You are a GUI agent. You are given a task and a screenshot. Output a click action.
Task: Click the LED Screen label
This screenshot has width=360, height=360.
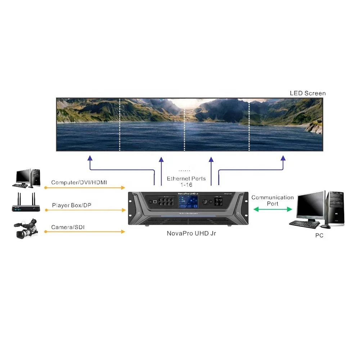307,93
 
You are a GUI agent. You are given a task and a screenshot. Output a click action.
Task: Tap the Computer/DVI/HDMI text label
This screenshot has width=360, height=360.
79,183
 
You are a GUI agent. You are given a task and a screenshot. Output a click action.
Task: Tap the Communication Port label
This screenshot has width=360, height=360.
273,200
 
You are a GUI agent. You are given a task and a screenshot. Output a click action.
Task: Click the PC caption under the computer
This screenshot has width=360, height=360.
319,235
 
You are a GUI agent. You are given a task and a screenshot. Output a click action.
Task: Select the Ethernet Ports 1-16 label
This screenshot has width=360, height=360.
186,181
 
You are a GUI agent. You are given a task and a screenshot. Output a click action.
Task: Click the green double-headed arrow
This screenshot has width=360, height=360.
272,209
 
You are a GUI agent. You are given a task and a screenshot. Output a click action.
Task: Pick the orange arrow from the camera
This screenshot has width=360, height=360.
85,231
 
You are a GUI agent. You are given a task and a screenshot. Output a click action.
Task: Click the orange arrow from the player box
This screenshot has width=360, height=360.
85,210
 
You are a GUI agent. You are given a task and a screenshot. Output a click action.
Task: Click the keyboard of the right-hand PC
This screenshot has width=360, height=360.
304,224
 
